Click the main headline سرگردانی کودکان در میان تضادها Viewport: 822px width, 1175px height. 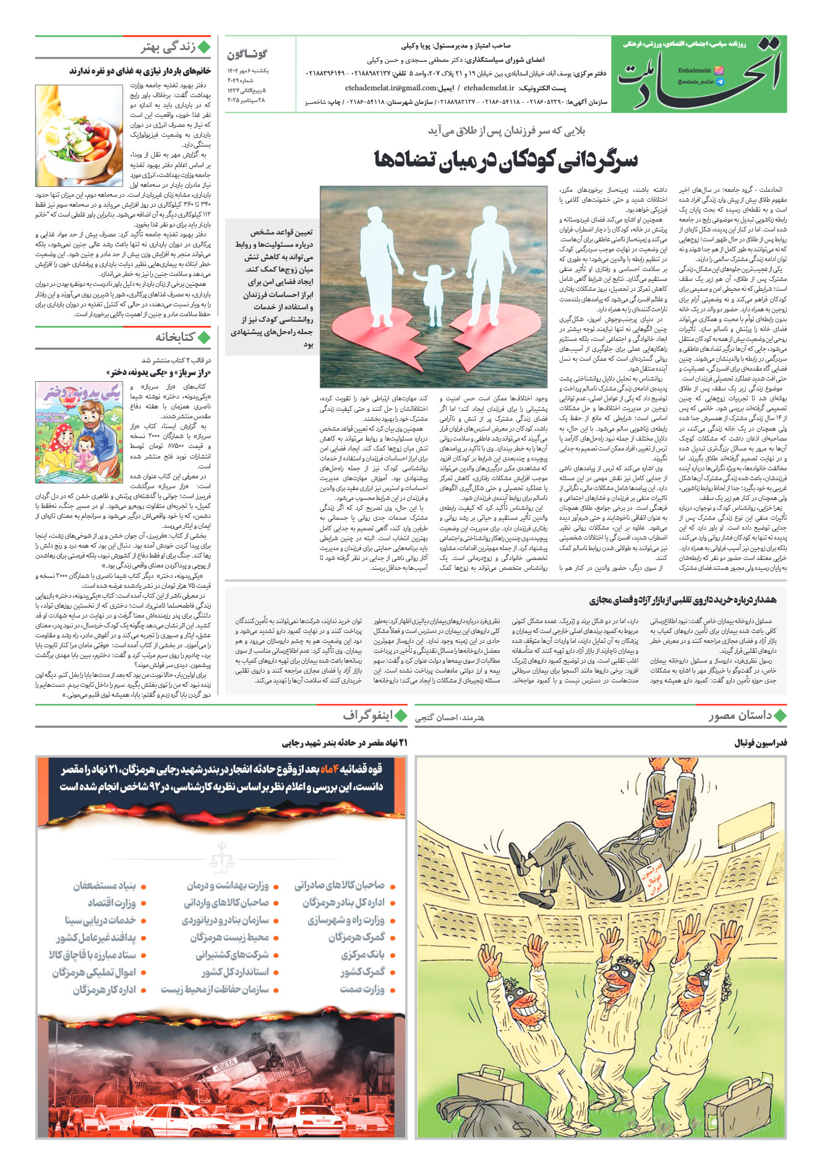(505, 160)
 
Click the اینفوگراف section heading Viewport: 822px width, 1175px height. (368, 716)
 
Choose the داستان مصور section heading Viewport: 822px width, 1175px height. (740, 716)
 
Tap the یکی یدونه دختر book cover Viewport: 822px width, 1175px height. (79, 432)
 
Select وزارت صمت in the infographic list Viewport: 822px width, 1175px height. (362, 989)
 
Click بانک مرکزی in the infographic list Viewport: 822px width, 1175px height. (362, 955)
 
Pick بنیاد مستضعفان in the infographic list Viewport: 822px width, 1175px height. (104, 885)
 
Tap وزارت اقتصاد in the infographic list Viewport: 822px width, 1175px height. (111, 903)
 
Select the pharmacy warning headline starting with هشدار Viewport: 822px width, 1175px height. (682, 600)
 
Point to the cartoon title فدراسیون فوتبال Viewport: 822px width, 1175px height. (760, 742)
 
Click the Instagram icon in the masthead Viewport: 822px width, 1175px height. (719, 71)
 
